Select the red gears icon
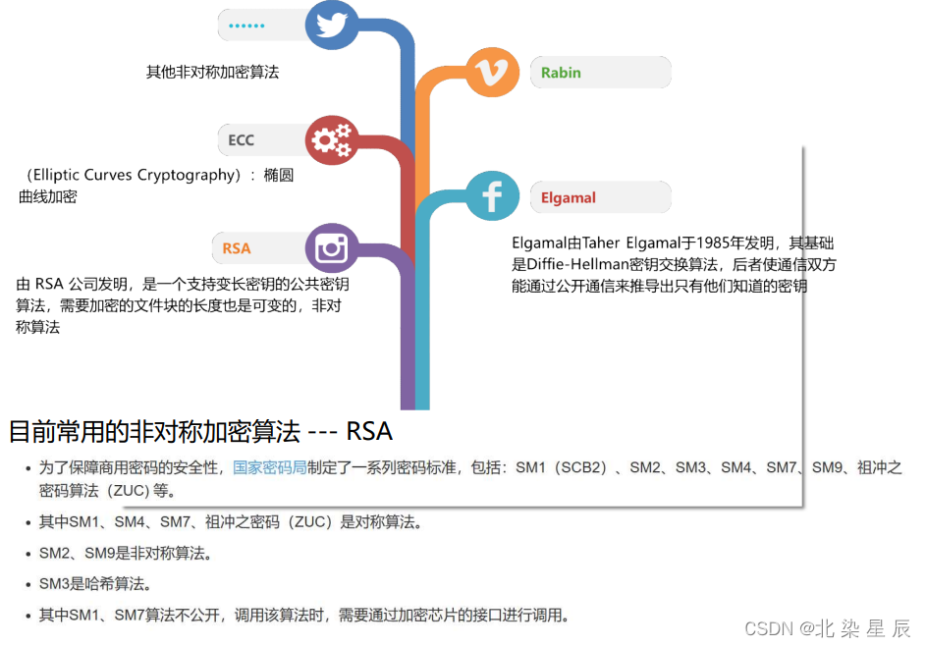click(x=331, y=141)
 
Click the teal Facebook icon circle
click(x=492, y=196)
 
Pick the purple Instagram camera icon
click(x=332, y=247)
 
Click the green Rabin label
click(x=561, y=73)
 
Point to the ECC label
click(x=241, y=140)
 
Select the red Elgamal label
click(x=569, y=197)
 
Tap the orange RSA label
click(x=237, y=248)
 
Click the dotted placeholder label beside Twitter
click(x=246, y=26)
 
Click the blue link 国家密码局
click(x=269, y=467)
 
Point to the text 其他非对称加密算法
click(x=212, y=72)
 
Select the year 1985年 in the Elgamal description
click(x=734, y=243)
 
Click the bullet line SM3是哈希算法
click(x=94, y=585)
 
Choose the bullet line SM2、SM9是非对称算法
click(x=125, y=554)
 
